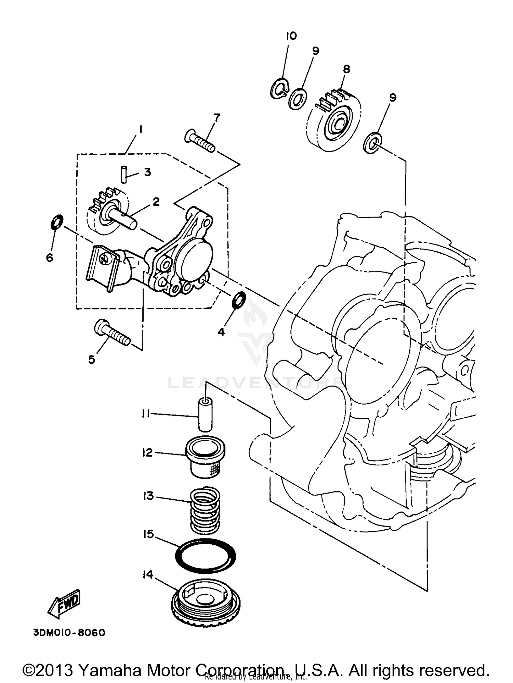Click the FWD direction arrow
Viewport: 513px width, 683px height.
coord(65,604)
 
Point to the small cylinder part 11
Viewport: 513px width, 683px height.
coord(206,414)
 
